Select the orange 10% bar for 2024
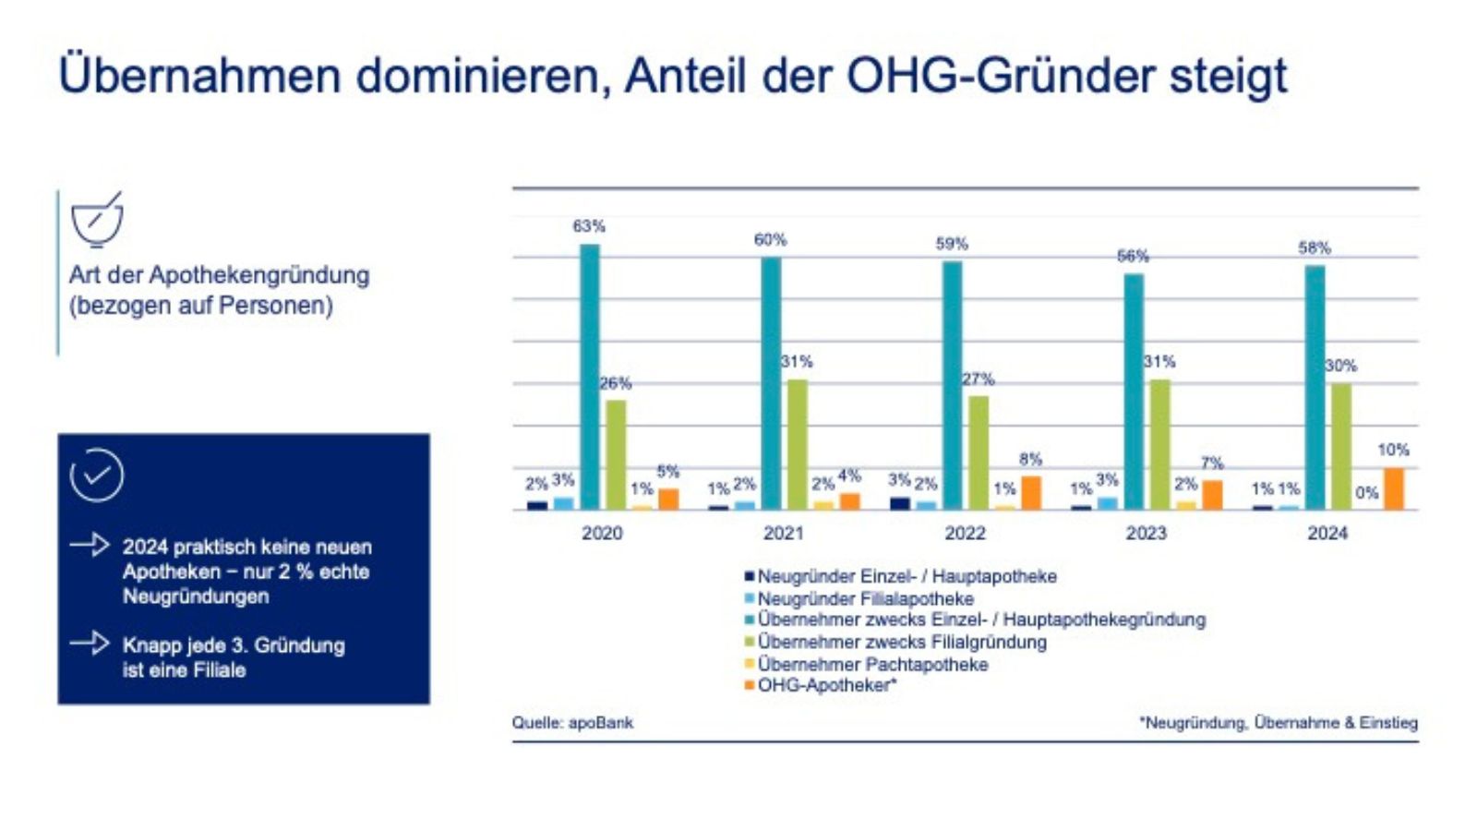[x=1393, y=488]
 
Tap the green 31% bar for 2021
[x=797, y=444]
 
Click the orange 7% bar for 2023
[x=1212, y=495]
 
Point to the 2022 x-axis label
[x=965, y=533]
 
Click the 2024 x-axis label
[x=1327, y=533]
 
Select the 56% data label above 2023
[x=1133, y=256]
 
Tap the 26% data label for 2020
[x=616, y=382]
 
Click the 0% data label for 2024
[x=1367, y=493]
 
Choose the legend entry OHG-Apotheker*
[x=826, y=685]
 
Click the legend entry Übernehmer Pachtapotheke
[x=871, y=664]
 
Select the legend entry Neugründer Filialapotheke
[x=864, y=598]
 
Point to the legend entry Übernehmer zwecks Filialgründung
[x=901, y=642]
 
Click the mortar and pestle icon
[x=97, y=220]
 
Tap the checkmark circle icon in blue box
[x=97, y=476]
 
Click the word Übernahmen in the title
[x=199, y=76]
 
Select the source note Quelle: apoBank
[x=572, y=722]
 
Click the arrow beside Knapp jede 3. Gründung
[x=90, y=643]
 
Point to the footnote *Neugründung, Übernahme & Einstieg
[x=1279, y=722]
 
